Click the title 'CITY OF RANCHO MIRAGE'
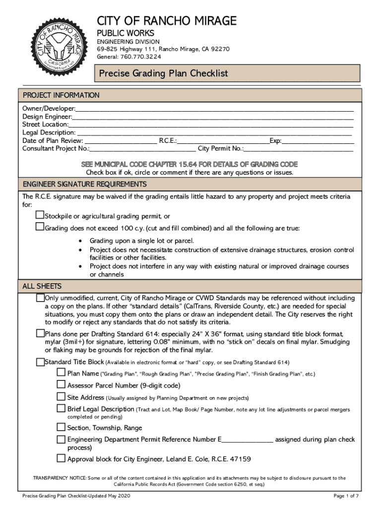166,21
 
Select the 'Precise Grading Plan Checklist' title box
227,73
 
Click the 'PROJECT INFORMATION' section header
61,95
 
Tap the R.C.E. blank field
223,141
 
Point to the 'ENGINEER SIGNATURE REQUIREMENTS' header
84,185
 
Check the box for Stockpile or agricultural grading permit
40,216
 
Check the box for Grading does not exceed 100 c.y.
40,227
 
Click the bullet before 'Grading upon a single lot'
81,241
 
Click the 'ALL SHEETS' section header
42,287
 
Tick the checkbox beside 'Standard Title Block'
40,362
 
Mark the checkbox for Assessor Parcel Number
61,384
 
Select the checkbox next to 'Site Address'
61,397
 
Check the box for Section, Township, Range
61,427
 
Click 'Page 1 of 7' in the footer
346,496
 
